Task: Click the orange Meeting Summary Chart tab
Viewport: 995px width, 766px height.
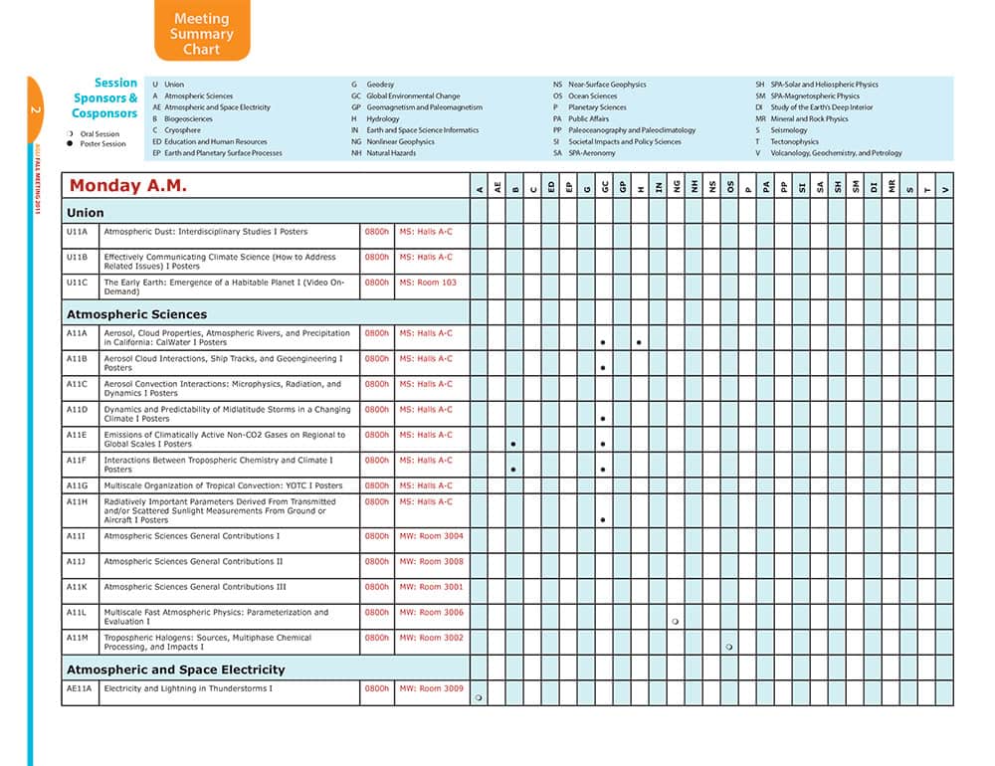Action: [202, 33]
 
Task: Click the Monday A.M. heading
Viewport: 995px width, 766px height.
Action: [128, 186]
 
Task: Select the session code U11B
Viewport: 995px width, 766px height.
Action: [78, 257]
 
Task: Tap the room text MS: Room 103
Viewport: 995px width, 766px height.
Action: [428, 283]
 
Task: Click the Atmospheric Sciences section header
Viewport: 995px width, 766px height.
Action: [136, 314]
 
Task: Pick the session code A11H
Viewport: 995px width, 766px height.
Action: [77, 502]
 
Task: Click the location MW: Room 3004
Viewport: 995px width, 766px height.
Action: [431, 536]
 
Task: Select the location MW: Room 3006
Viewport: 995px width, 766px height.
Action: [431, 613]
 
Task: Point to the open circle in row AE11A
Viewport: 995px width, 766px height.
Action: [479, 698]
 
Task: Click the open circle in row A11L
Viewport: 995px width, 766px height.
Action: [676, 622]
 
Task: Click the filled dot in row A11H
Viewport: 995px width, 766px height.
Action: [603, 520]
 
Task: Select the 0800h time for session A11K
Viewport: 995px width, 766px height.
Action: [377, 587]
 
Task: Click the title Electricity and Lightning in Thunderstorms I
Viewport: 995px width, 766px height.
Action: [188, 688]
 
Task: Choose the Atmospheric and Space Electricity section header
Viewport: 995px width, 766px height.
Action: [175, 670]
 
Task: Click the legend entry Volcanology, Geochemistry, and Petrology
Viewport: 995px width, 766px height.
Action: [836, 153]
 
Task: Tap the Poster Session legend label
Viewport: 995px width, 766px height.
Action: [102, 144]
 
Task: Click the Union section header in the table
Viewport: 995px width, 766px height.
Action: [86, 212]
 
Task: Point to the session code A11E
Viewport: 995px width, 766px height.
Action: [77, 435]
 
